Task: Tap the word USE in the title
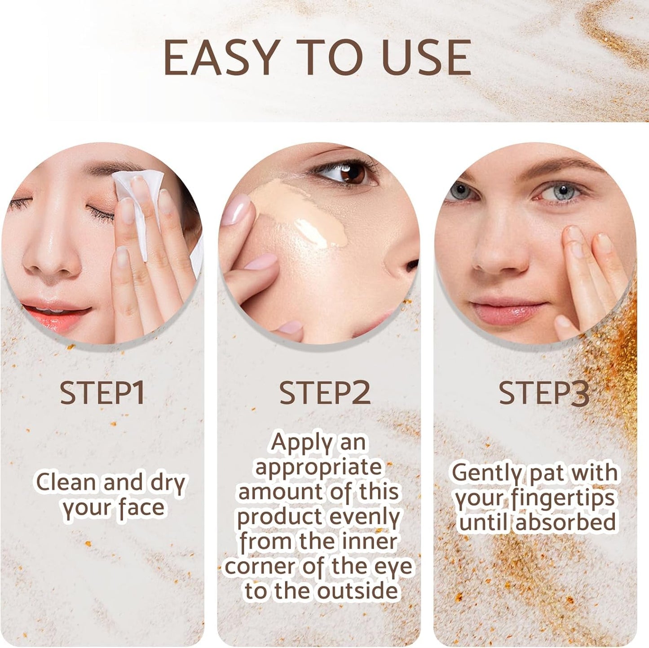point(427,57)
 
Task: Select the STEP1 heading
point(102,393)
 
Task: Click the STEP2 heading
point(325,393)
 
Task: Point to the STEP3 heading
point(544,393)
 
